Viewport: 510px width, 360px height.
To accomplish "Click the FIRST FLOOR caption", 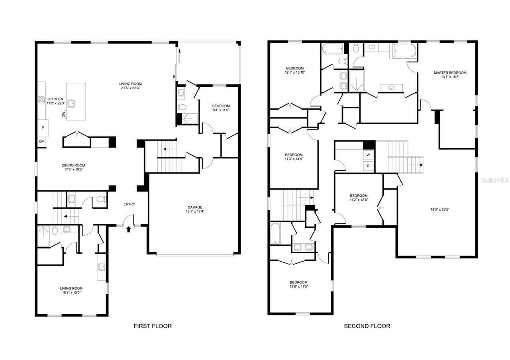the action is point(153,326).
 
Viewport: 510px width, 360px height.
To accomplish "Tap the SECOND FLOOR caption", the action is point(367,326).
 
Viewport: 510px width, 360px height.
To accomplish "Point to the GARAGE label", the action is point(195,207).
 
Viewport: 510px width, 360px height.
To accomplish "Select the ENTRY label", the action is point(129,204).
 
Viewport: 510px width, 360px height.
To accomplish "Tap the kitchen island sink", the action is point(71,104).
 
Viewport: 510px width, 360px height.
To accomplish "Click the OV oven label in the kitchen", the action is point(41,141).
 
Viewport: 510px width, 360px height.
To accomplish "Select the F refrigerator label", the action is point(43,127).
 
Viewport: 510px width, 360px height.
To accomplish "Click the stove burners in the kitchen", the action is point(41,100).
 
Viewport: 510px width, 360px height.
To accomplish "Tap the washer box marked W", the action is point(368,155).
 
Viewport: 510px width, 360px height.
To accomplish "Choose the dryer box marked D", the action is point(368,166).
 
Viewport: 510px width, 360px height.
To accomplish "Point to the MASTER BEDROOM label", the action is point(450,72).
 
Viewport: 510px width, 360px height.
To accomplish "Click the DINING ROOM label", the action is point(73,165).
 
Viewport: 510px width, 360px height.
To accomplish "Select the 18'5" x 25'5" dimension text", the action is point(439,209).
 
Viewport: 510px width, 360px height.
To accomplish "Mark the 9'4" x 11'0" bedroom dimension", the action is point(221,110).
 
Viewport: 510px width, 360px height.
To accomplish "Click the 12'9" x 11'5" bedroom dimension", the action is point(298,286).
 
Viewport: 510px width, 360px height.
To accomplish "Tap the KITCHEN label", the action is point(56,99).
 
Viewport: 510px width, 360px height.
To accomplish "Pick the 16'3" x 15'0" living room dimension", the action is point(71,292).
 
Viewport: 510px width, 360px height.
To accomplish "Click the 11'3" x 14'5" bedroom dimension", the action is point(294,159).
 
